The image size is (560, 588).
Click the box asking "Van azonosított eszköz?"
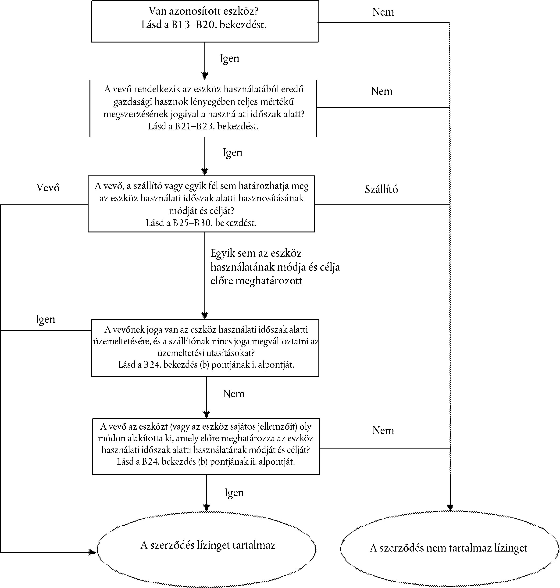[x=205, y=21]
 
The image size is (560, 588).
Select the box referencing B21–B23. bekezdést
[x=203, y=108]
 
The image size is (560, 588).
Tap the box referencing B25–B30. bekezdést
[x=201, y=204]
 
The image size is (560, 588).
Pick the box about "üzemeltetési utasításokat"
[x=205, y=348]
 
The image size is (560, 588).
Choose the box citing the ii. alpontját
[x=206, y=446]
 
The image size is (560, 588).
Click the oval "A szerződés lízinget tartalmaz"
[x=207, y=546]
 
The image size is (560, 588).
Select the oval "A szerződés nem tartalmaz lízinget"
[x=449, y=548]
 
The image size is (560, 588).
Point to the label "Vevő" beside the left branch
[x=48, y=187]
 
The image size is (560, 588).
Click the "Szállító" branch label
[x=382, y=189]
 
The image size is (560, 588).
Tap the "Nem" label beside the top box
[x=383, y=12]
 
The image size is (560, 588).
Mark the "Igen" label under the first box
[x=230, y=58]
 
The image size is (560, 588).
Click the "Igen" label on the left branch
[x=45, y=319]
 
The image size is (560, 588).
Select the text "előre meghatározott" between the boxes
[x=257, y=281]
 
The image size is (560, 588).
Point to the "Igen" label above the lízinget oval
[x=234, y=492]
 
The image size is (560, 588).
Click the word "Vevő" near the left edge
[x=48, y=187]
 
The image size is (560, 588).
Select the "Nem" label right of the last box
[x=383, y=430]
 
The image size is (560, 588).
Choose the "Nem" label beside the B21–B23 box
[x=382, y=91]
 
